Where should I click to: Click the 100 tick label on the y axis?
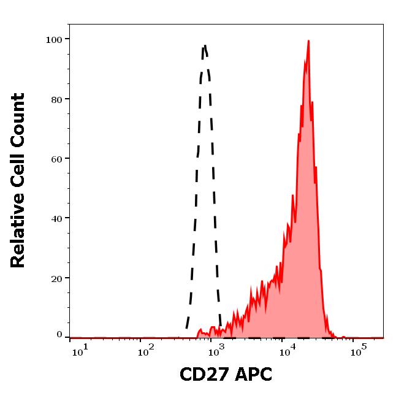point(54,40)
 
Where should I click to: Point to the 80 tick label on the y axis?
point(56,99)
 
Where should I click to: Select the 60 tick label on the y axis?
point(56,159)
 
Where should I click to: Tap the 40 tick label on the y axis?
point(56,218)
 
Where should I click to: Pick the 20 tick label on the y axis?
point(56,278)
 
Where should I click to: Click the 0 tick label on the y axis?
point(59,335)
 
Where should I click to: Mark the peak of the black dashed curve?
point(205,45)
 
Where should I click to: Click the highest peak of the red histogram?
point(308,41)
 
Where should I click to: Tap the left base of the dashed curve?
point(186,329)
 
